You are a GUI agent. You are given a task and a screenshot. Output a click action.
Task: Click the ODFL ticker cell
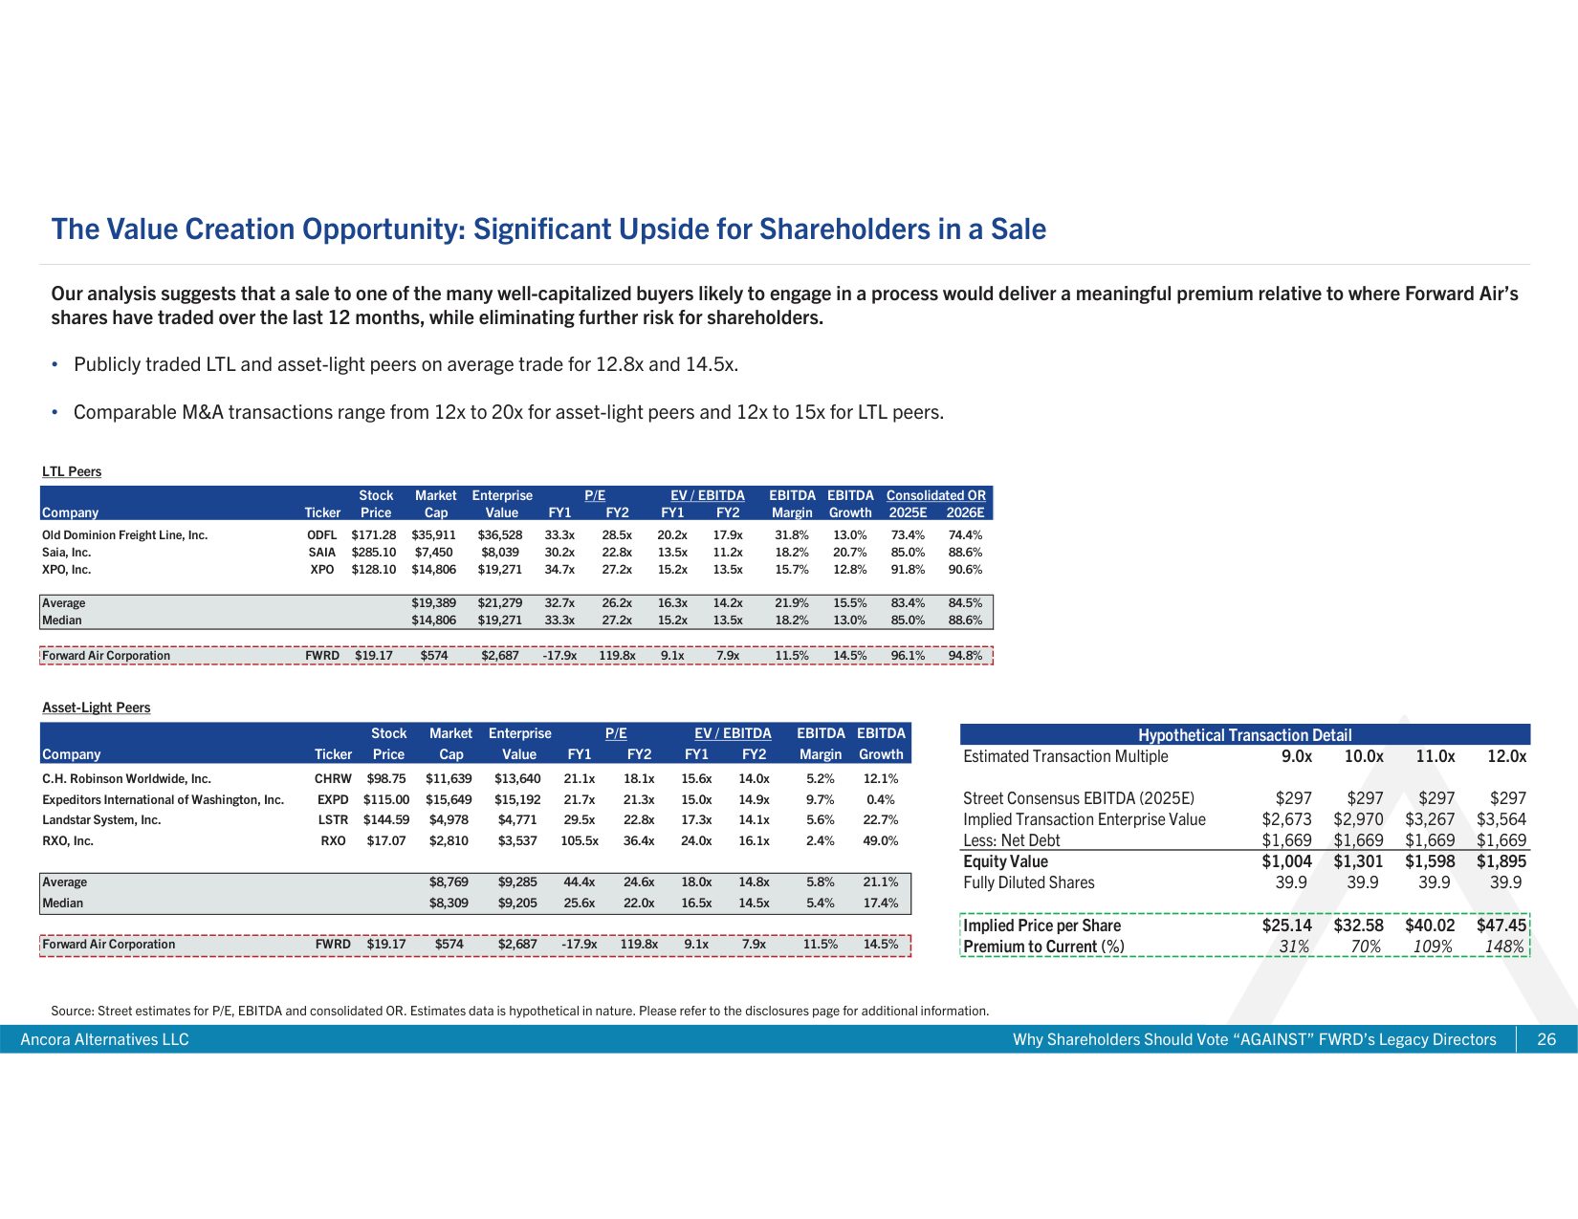click(x=321, y=535)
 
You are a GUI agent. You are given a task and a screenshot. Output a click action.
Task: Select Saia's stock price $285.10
click(x=373, y=553)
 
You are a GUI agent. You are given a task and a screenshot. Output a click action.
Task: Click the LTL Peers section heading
click(x=72, y=471)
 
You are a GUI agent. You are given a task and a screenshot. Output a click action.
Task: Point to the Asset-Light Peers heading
click(x=97, y=707)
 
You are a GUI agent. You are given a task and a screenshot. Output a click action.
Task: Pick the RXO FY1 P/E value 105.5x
click(x=580, y=841)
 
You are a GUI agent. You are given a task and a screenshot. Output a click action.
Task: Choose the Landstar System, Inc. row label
click(x=101, y=820)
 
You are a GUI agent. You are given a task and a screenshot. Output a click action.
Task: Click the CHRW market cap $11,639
click(x=449, y=779)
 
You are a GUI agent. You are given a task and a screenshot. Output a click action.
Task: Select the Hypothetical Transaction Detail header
click(x=1244, y=735)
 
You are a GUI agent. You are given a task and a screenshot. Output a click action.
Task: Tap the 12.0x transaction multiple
click(x=1506, y=756)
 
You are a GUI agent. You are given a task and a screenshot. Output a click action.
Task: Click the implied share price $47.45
click(x=1501, y=925)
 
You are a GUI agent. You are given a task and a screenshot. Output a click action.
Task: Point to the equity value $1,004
click(x=1286, y=861)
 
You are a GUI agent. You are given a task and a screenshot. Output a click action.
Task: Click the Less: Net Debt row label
click(x=1012, y=840)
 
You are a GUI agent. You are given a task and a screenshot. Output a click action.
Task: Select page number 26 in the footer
click(x=1546, y=1039)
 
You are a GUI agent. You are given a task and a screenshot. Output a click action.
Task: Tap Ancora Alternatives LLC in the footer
click(x=105, y=1039)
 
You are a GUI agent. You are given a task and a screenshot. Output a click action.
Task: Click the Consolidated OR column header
click(x=935, y=495)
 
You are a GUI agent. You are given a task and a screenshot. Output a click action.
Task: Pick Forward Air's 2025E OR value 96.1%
click(x=908, y=656)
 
